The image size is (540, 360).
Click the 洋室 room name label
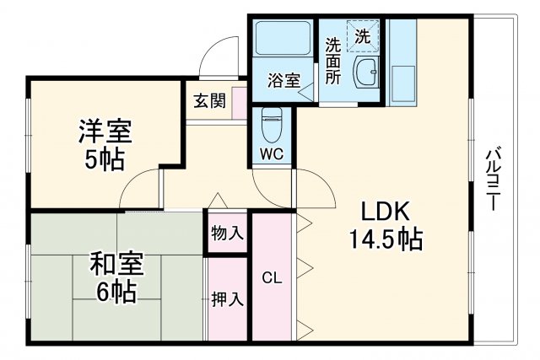[105, 132]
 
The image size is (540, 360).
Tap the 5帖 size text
[105, 158]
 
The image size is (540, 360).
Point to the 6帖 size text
[116, 293]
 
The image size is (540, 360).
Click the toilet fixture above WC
[271, 124]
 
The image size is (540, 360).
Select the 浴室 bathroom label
[284, 81]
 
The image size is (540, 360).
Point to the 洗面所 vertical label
[332, 59]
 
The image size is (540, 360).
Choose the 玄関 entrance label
[209, 101]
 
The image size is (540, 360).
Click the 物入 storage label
[227, 234]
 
